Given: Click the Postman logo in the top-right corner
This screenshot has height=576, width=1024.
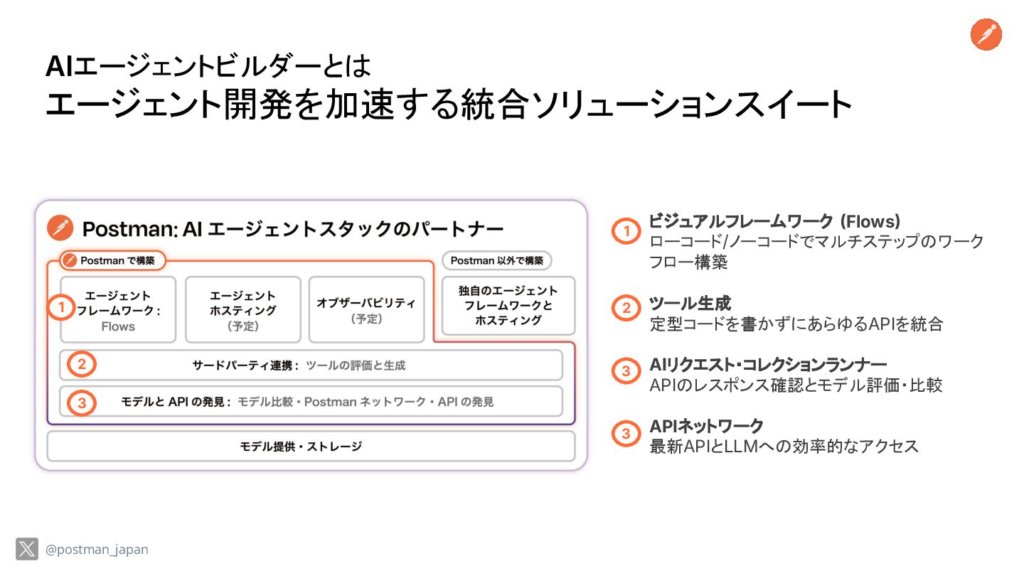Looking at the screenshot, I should pyautogui.click(x=986, y=35).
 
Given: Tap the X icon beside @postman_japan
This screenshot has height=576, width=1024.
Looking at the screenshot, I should pyautogui.click(x=27, y=549).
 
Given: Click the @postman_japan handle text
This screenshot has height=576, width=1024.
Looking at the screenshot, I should pyautogui.click(x=97, y=550).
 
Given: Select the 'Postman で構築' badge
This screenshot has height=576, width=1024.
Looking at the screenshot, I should pyautogui.click(x=112, y=261).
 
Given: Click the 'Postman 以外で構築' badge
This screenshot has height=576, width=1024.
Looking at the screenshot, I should pyautogui.click(x=496, y=261).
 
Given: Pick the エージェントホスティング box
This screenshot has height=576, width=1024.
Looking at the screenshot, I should pyautogui.click(x=243, y=310).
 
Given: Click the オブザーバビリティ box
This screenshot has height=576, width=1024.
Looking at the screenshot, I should pyautogui.click(x=366, y=310).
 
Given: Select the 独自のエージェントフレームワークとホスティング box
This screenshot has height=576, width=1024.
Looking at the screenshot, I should pyautogui.click(x=508, y=306).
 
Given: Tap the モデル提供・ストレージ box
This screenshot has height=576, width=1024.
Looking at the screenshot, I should pyautogui.click(x=311, y=447).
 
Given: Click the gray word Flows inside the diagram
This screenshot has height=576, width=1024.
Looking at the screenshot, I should pyautogui.click(x=118, y=326).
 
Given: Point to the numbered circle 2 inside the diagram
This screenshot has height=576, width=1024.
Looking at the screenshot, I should pyautogui.click(x=82, y=365).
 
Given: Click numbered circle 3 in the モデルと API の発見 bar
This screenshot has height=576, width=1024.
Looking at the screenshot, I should pyautogui.click(x=82, y=402).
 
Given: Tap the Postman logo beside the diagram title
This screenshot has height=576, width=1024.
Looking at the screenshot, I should pyautogui.click(x=60, y=228).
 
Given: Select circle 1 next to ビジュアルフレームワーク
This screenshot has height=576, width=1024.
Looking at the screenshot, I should pyautogui.click(x=626, y=231).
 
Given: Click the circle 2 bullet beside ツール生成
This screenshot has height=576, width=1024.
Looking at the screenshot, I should pyautogui.click(x=626, y=308).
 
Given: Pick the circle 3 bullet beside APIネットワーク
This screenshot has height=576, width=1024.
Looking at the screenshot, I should pyautogui.click(x=626, y=433).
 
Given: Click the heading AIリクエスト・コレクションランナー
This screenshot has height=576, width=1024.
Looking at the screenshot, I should pyautogui.click(x=768, y=366).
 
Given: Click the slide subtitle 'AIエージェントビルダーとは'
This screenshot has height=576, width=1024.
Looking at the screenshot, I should pyautogui.click(x=208, y=68).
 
